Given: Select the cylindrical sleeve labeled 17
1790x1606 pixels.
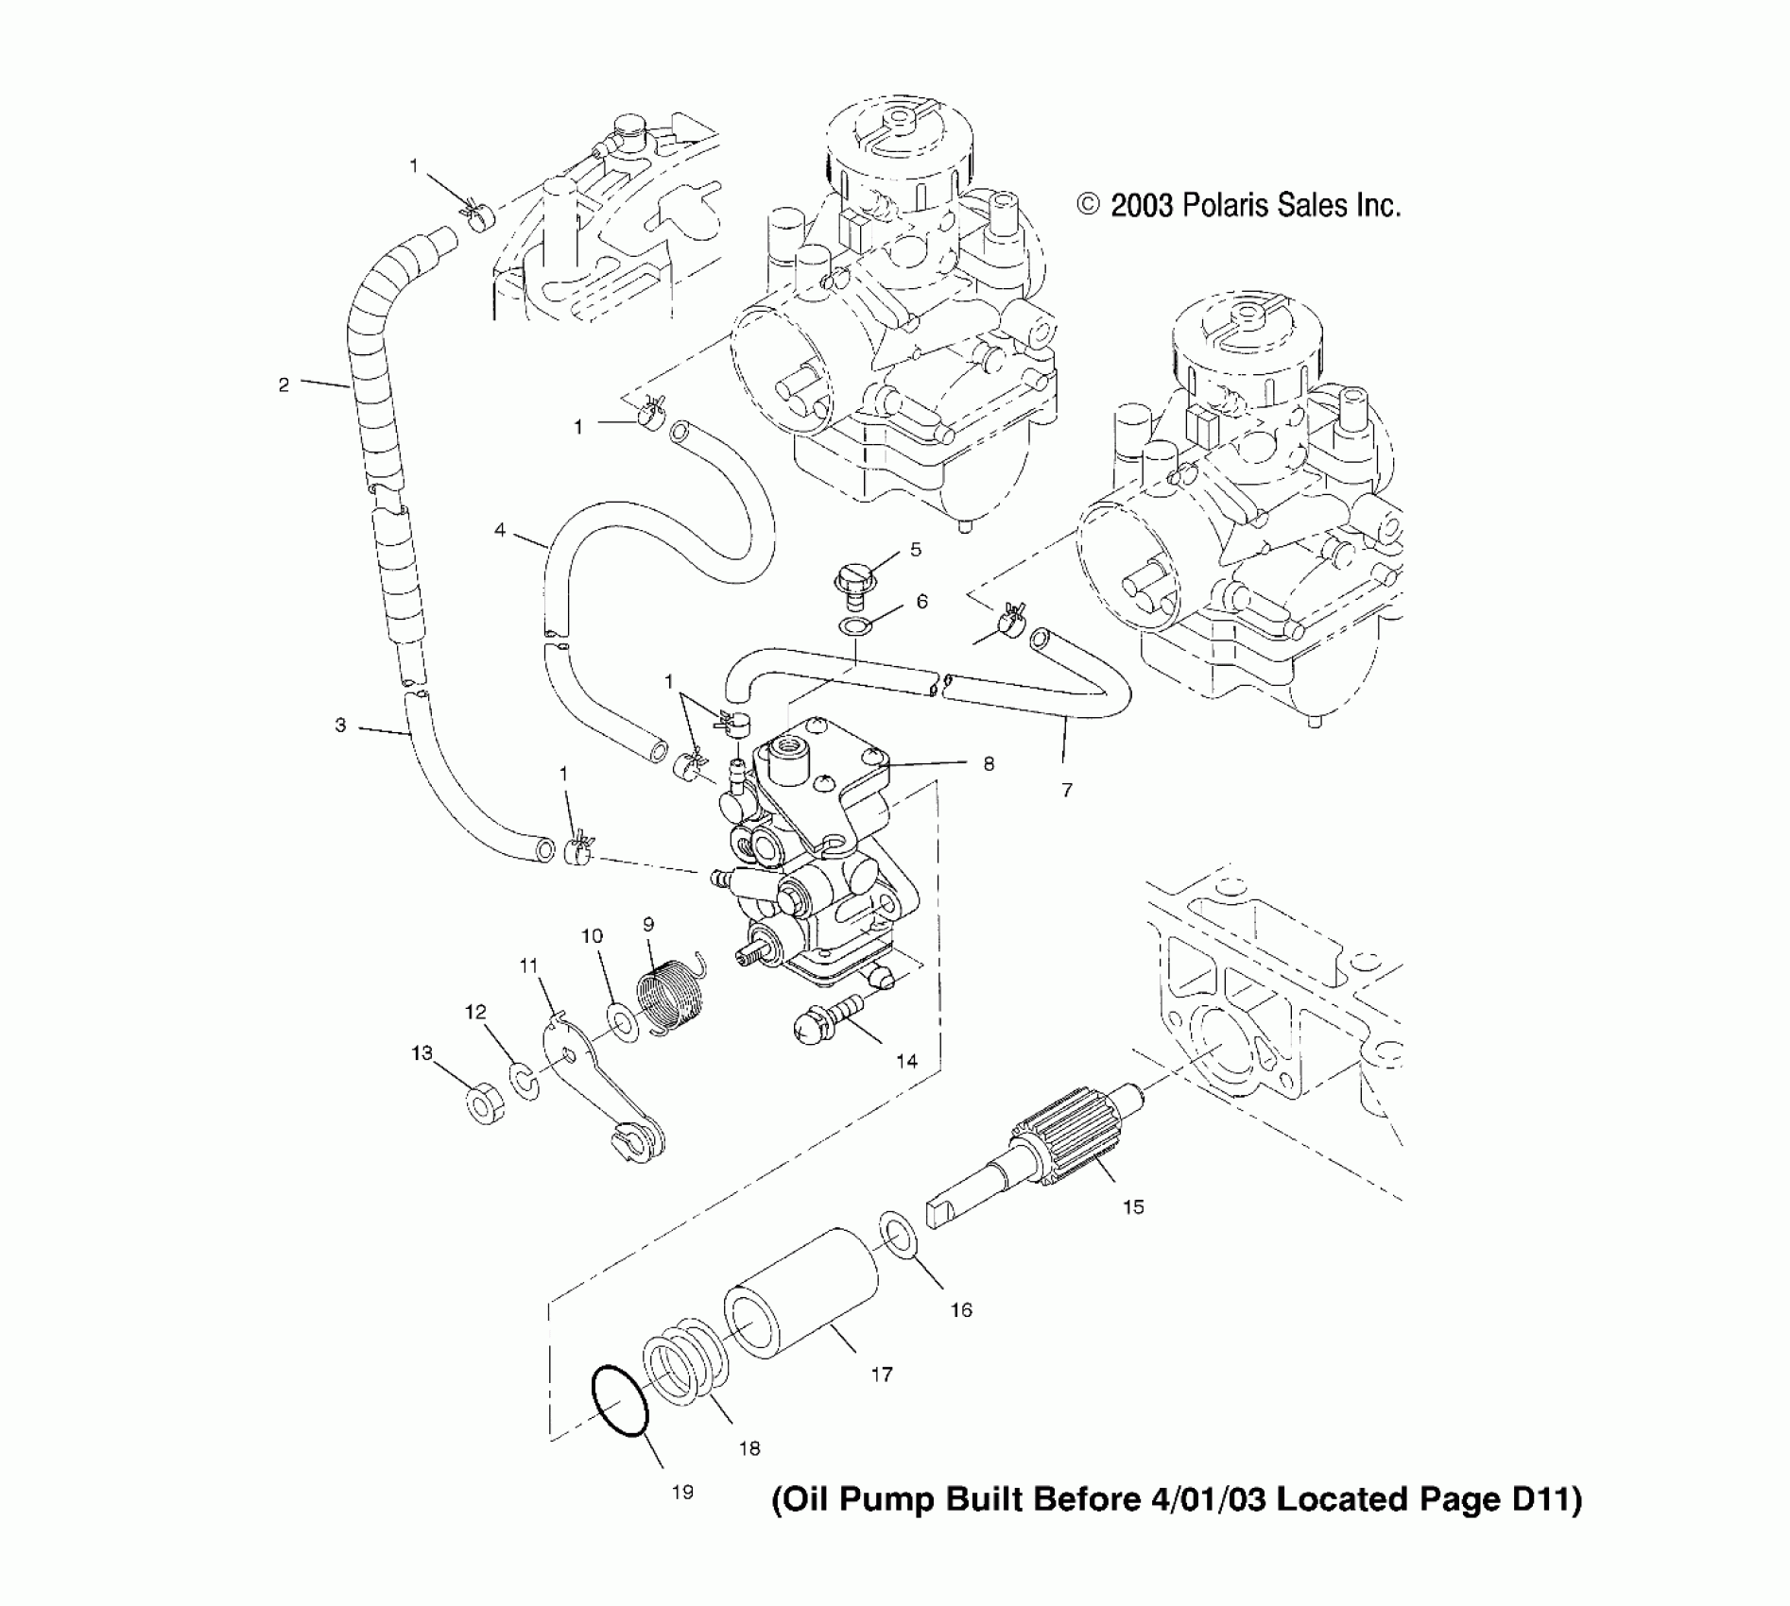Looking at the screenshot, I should [x=803, y=1293].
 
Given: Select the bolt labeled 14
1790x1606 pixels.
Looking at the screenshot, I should [x=827, y=1022].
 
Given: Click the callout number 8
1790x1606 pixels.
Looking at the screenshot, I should [x=989, y=763].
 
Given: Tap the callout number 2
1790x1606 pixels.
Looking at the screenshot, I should [x=284, y=384].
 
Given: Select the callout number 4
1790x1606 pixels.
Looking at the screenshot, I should [x=500, y=530].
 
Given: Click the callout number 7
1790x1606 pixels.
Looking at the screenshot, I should [x=1067, y=790].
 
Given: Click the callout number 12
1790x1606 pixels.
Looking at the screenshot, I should [x=474, y=1012].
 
